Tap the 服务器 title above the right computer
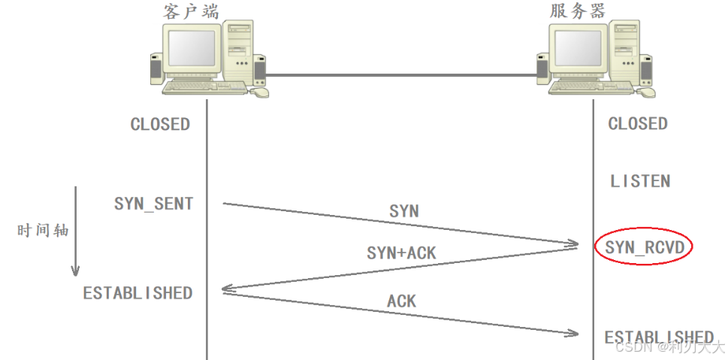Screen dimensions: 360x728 point(577,11)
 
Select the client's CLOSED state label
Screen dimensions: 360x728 point(160,124)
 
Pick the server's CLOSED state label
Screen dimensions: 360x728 point(638,123)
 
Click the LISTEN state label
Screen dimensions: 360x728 point(640,181)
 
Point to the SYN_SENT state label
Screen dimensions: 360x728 point(154,204)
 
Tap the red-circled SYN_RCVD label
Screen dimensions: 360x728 point(643,247)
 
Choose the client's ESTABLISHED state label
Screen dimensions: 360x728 point(137,292)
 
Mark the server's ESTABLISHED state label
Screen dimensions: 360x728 point(659,337)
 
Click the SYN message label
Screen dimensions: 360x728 point(404,211)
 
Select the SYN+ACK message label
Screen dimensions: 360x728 point(401,253)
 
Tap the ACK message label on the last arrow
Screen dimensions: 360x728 point(402,301)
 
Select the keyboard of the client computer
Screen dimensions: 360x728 point(201,87)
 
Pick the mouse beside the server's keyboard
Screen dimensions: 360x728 point(646,92)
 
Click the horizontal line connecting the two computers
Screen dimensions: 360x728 point(402,74)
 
